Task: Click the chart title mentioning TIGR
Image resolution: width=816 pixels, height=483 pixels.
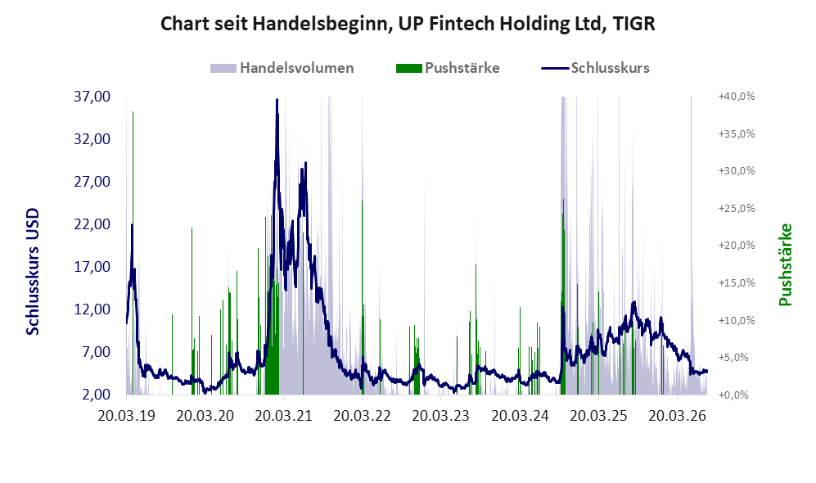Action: point(408,24)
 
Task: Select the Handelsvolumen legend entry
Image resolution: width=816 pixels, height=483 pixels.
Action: point(282,68)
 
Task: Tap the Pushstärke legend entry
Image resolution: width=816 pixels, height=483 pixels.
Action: point(448,68)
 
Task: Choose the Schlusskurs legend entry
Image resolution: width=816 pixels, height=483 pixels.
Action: point(595,68)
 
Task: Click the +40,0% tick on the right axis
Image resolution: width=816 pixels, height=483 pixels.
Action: point(737,97)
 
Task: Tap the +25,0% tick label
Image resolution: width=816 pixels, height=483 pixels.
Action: point(737,208)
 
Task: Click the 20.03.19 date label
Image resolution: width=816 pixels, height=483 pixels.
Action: point(127,417)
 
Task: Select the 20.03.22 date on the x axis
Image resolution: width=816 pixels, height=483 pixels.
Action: point(363,417)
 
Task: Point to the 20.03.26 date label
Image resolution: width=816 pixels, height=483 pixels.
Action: point(677,417)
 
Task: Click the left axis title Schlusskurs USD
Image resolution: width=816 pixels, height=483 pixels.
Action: point(33,272)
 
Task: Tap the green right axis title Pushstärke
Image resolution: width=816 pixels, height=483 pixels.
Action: point(785,264)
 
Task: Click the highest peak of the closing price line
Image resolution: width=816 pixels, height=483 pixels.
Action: point(277,99)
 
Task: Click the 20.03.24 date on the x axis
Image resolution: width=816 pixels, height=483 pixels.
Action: point(520,417)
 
